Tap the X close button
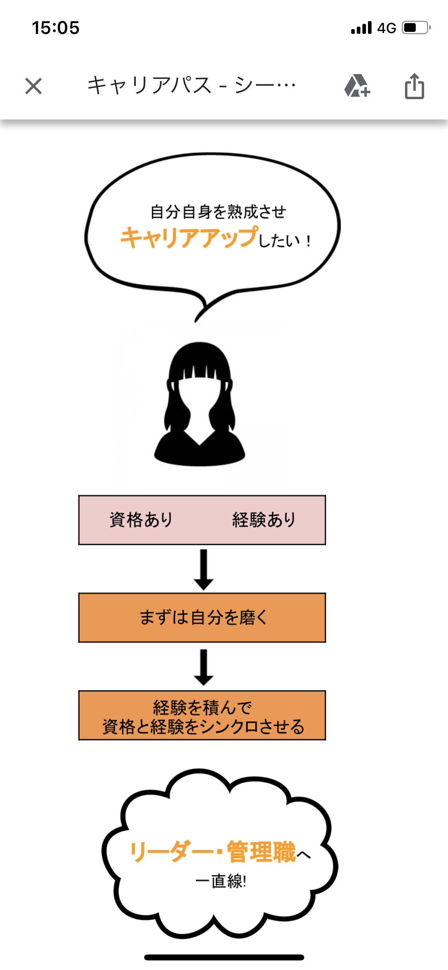[x=33, y=86]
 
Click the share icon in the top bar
[x=414, y=86]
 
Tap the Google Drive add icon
[x=357, y=86]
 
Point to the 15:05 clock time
[x=56, y=28]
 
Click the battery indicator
[x=416, y=27]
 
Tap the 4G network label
[x=387, y=28]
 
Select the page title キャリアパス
[x=149, y=85]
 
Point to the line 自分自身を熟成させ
[x=218, y=212]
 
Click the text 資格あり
[x=141, y=520]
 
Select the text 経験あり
[x=264, y=520]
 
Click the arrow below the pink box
[x=204, y=570]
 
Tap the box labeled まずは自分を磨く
[x=202, y=618]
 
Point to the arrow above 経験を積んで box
[x=204, y=667]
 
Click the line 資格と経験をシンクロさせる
[x=203, y=727]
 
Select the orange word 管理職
[x=262, y=852]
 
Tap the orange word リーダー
[x=172, y=852]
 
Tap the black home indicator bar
[x=224, y=957]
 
